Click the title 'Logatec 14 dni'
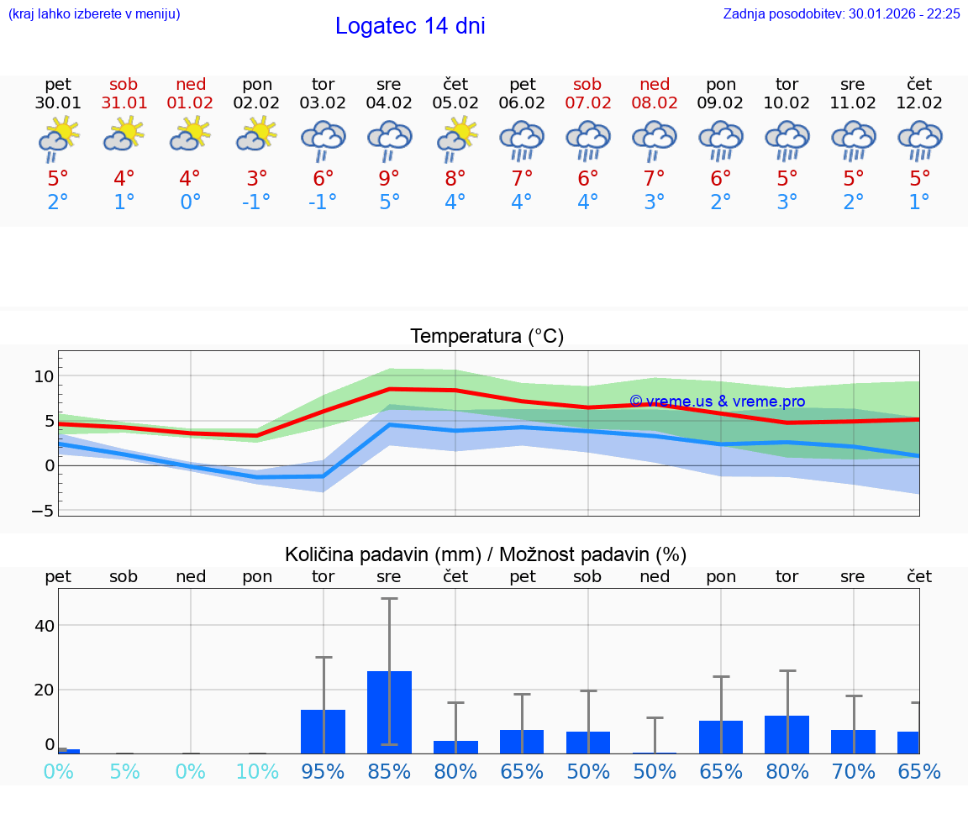pos(410,26)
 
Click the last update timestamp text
pos(841,14)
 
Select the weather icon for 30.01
pos(58,138)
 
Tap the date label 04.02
pos(389,103)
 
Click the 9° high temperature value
pos(389,178)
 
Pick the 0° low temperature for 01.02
pos(191,202)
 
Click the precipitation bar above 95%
pos(324,731)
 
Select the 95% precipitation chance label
pos(324,771)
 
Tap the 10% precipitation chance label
pos(257,771)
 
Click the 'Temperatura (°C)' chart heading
pos(487,337)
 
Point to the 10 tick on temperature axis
pos(44,375)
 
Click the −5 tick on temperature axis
pos(44,510)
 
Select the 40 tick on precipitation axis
pos(44,626)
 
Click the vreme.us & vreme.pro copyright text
pos(717,402)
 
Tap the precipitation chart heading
pos(486,554)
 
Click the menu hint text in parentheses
pos(94,14)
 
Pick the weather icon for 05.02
pos(455,138)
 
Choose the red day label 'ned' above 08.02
pos(655,84)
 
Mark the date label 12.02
pos(920,103)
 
